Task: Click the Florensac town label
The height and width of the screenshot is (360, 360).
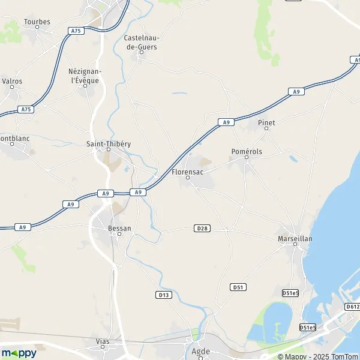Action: [187, 171]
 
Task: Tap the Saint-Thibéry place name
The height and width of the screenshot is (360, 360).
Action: [109, 144]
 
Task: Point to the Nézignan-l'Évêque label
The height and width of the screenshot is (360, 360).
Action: [85, 76]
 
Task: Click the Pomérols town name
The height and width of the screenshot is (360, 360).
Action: [247, 152]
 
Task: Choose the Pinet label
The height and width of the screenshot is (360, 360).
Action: [266, 122]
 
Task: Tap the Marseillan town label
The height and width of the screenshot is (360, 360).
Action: [295, 238]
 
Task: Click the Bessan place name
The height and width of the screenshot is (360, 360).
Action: [119, 228]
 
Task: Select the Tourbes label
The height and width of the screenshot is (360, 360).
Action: [37, 22]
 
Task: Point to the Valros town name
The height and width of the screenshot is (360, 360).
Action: [13, 80]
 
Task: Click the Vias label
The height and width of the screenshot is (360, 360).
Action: [103, 341]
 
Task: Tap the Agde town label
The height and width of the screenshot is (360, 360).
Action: [200, 351]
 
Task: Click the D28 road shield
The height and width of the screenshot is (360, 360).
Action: [202, 228]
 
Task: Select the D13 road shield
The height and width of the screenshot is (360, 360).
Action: [163, 295]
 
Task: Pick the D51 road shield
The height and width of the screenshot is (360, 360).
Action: [238, 287]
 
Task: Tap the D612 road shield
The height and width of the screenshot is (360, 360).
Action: [353, 307]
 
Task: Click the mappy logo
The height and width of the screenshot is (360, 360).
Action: [19, 353]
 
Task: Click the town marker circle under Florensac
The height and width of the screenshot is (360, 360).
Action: [187, 178]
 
